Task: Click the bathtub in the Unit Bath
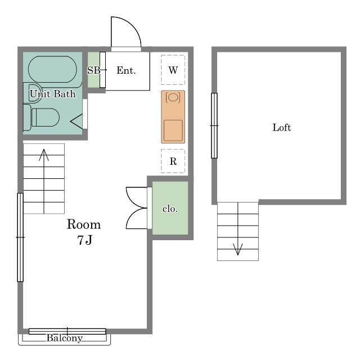tap(52, 69)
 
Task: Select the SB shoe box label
tap(94, 70)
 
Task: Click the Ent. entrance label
tap(126, 70)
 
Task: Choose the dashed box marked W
tap(173, 70)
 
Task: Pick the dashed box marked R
tap(173, 161)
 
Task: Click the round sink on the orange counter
tap(173, 97)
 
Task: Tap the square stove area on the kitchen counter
tap(173, 130)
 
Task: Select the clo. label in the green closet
tap(170, 209)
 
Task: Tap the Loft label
tap(282, 128)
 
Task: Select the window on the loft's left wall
tap(214, 125)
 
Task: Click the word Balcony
tap(65, 338)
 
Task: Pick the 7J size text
tap(84, 240)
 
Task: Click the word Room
tap(84, 224)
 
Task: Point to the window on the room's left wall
tap(20, 237)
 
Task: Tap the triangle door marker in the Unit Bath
tap(76, 121)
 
